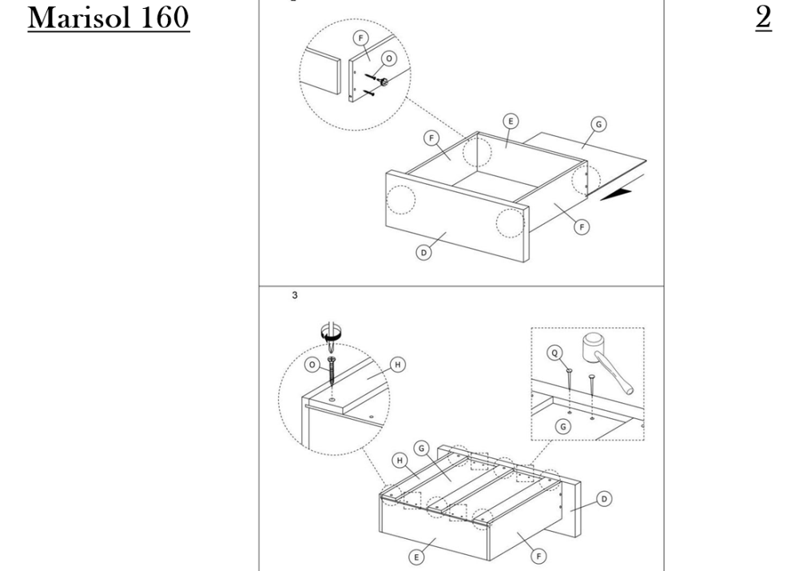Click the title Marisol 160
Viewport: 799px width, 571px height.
(109, 18)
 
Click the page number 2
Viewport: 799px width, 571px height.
(763, 18)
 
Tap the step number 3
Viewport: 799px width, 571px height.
(295, 295)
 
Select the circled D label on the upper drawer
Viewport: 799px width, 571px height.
(424, 253)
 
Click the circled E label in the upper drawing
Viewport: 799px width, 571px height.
(511, 122)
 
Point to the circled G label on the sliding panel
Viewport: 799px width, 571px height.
(598, 124)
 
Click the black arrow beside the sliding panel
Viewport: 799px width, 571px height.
(617, 194)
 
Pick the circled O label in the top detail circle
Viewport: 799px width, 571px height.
(389, 58)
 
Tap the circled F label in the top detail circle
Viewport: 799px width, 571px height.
(361, 38)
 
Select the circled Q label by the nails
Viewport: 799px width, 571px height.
(555, 353)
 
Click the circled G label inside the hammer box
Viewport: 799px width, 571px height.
(563, 427)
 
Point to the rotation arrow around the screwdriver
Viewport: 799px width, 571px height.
(331, 334)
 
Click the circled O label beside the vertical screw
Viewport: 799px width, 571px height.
(312, 365)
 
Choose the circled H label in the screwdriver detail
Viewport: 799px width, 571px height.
(398, 365)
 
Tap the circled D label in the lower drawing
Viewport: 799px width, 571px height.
(604, 498)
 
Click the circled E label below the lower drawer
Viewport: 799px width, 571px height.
(416, 557)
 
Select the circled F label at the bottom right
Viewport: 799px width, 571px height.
(539, 556)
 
